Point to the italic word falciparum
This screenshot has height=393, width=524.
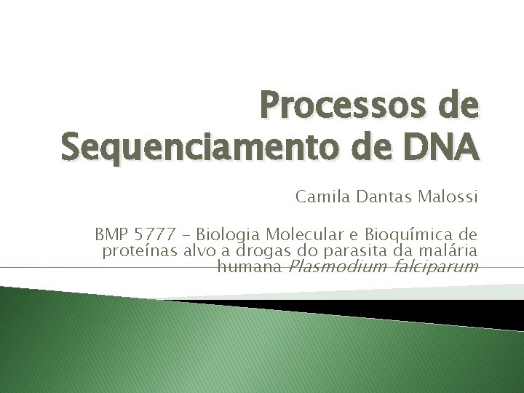[x=435, y=267]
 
